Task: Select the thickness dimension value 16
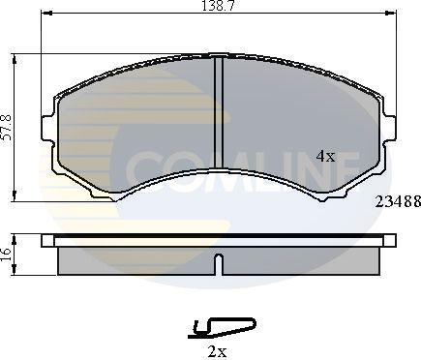[7, 255]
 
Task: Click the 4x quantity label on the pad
[325, 155]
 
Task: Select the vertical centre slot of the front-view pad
[218, 116]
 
